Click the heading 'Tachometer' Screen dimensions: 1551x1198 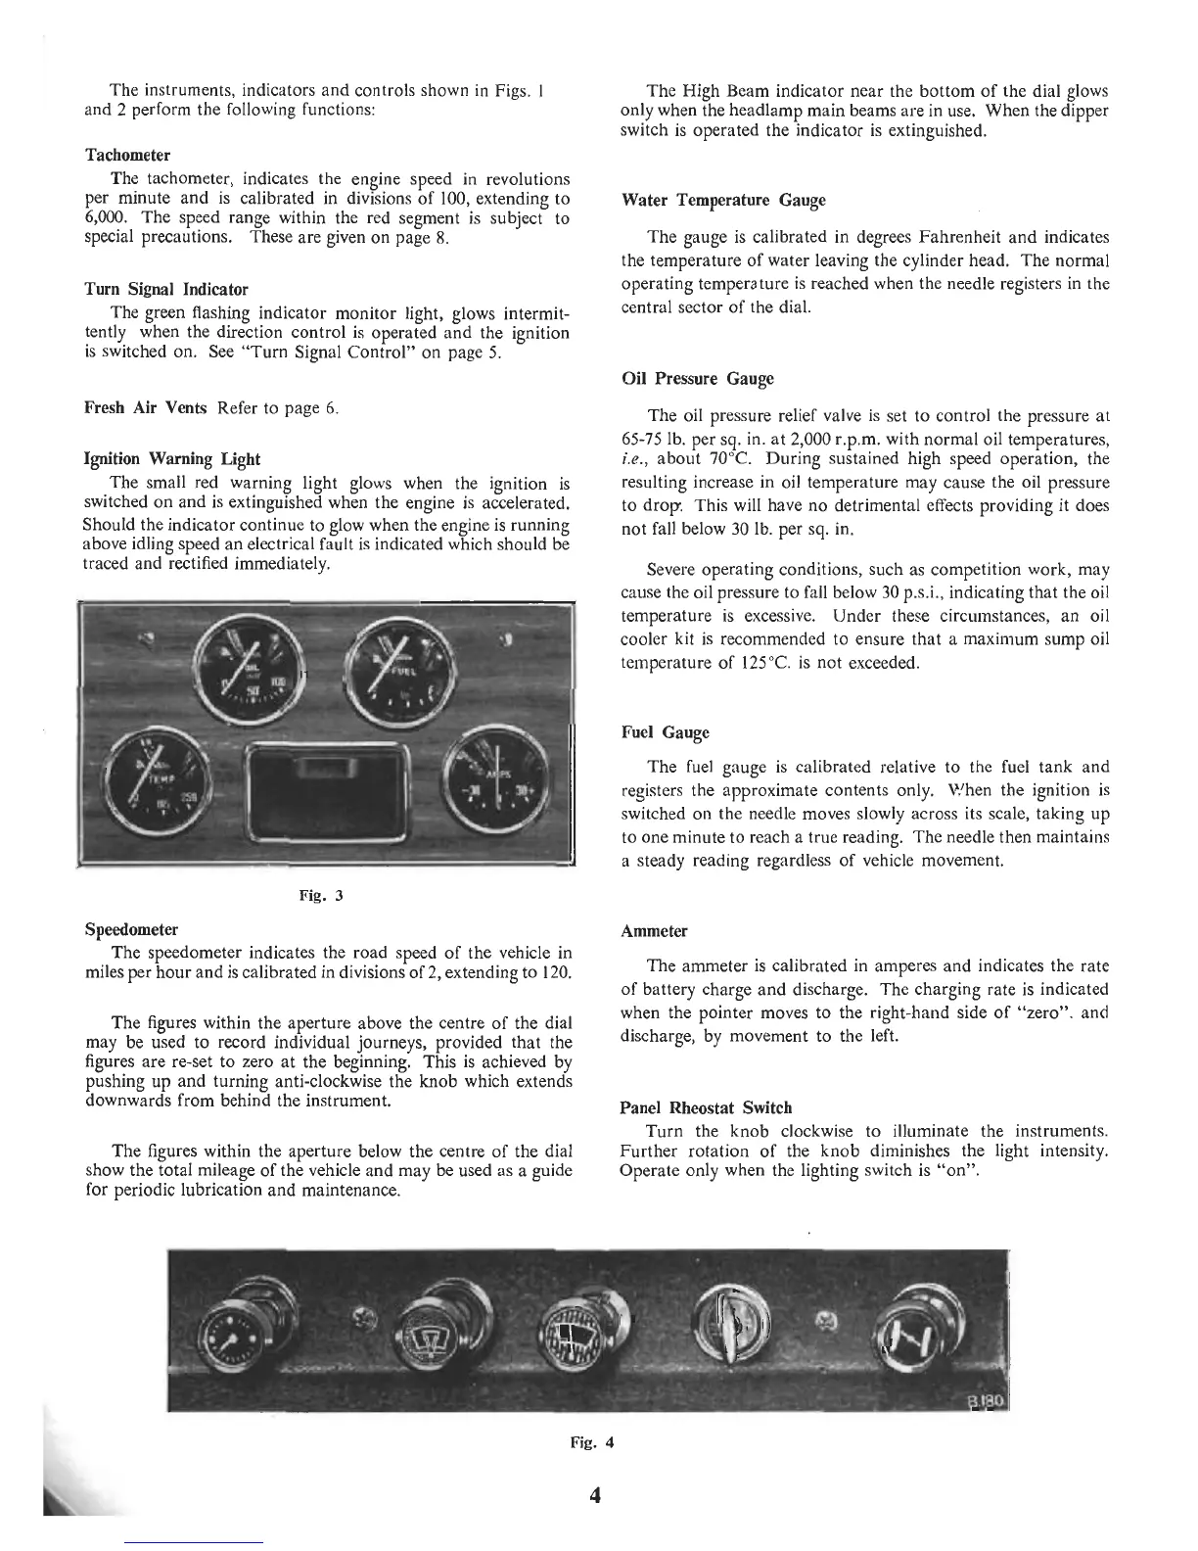[127, 156]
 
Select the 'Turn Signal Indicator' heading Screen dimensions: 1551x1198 [166, 290]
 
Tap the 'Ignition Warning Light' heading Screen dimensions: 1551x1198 [172, 459]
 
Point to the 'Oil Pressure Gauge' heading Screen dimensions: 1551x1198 [697, 379]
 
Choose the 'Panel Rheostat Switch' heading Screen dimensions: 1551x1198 [706, 1108]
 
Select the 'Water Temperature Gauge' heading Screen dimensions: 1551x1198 [723, 201]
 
